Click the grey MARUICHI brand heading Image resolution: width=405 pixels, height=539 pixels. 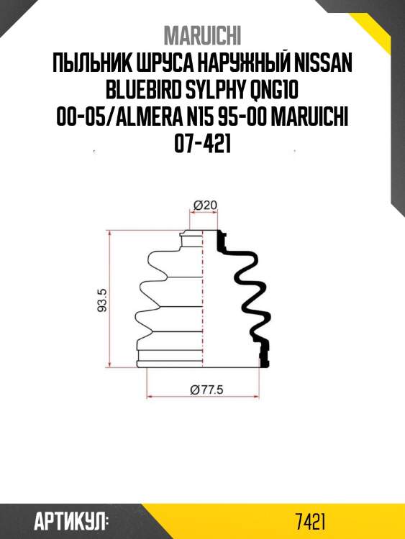pyautogui.click(x=202, y=35)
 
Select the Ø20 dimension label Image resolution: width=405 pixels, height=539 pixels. pyautogui.click(x=205, y=206)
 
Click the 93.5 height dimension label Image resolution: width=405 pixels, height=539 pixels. pyautogui.click(x=103, y=300)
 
